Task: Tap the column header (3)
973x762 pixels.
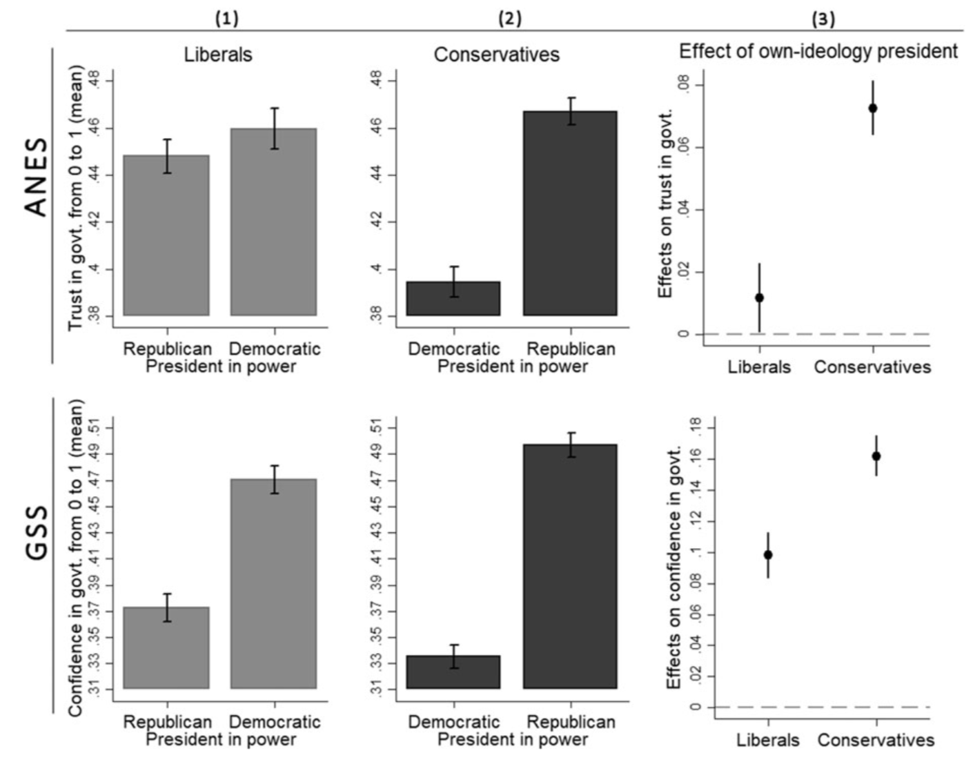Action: point(822,19)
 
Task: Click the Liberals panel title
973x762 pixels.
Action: point(218,55)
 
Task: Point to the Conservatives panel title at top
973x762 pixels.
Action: point(496,55)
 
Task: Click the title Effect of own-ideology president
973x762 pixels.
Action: point(818,51)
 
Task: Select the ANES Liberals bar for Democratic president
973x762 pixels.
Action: point(274,222)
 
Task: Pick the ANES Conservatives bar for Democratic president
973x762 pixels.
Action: point(453,298)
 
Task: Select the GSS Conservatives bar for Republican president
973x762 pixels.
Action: point(570,566)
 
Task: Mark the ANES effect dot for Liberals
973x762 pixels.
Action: point(759,297)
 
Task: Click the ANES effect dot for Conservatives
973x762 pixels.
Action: point(873,108)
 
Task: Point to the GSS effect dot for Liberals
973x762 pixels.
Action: point(768,555)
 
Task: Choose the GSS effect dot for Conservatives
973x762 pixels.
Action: point(876,456)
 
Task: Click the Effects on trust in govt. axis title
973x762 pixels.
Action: point(666,204)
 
